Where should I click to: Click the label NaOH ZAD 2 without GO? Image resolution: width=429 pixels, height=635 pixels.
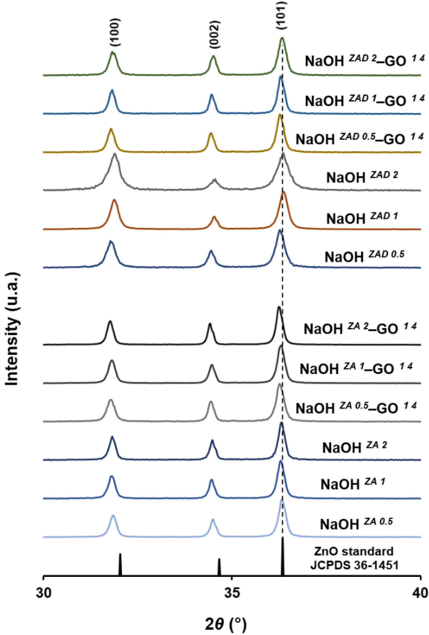tap(362, 177)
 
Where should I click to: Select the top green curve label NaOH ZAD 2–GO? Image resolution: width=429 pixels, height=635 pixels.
tap(365, 61)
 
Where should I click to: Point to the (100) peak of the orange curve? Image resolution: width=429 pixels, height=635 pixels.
tap(114, 201)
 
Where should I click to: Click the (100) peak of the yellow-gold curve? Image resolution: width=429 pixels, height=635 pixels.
tap(111, 129)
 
